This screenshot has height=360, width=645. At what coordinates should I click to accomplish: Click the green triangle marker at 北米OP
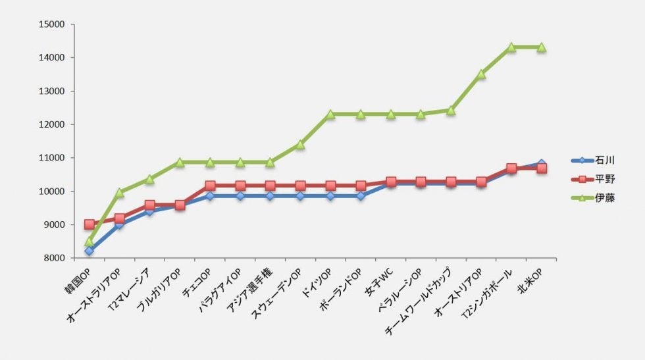pyautogui.click(x=542, y=47)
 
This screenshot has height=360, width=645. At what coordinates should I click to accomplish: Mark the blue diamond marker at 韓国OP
pyautogui.click(x=90, y=251)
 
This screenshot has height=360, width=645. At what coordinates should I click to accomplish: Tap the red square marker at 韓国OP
pyautogui.click(x=90, y=224)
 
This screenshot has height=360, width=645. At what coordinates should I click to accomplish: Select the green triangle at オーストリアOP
pyautogui.click(x=481, y=74)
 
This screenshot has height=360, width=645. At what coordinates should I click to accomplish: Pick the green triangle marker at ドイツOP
pyautogui.click(x=330, y=114)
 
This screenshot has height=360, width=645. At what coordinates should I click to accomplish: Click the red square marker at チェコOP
pyautogui.click(x=210, y=186)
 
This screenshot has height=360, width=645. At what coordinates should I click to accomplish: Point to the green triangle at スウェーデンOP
pyautogui.click(x=300, y=144)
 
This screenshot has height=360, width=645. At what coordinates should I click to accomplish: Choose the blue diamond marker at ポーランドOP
pyautogui.click(x=361, y=196)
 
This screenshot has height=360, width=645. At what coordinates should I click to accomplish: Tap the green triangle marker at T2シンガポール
pyautogui.click(x=511, y=47)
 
